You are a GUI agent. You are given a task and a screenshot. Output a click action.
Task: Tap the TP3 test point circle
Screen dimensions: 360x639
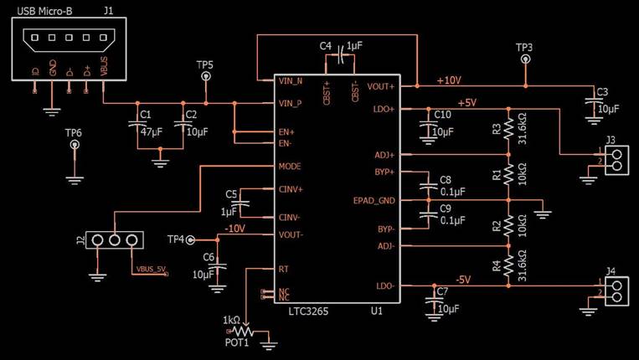[524, 59]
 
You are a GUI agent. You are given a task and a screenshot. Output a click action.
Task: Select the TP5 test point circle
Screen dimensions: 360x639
[205, 76]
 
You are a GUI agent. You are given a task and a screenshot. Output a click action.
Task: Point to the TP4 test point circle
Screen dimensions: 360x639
[191, 239]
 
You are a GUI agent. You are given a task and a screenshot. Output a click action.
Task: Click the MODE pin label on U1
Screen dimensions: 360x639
[290, 167]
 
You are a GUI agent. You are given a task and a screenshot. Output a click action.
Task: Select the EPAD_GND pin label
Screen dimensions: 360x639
[374, 200]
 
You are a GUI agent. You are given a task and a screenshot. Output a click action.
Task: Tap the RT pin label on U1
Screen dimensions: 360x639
[284, 269]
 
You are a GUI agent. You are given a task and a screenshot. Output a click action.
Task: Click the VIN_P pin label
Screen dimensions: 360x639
[290, 104]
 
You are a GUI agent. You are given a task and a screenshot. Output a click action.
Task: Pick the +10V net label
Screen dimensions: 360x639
[448, 80]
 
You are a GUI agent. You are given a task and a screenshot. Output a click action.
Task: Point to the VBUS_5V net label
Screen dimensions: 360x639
[151, 270]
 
